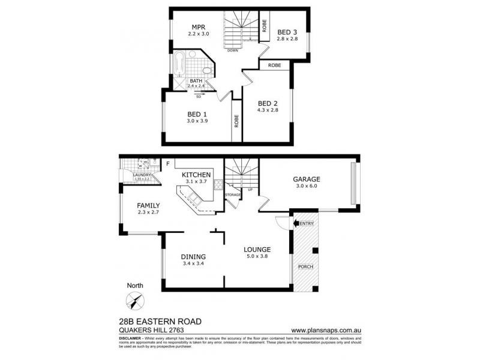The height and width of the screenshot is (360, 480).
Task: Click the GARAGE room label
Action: pos(306,179)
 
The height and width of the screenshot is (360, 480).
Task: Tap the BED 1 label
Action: pos(197,113)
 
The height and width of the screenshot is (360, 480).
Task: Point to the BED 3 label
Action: pos(287,32)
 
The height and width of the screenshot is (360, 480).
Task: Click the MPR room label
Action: pos(199,28)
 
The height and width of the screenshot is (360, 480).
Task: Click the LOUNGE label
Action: pos(257,249)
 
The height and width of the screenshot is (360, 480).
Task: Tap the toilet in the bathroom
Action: pos(206,73)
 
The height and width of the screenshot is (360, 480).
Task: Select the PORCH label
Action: pos(305,267)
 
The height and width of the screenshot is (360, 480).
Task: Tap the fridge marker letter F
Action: pos(168,163)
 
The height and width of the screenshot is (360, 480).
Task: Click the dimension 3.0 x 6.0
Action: pos(306,187)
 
